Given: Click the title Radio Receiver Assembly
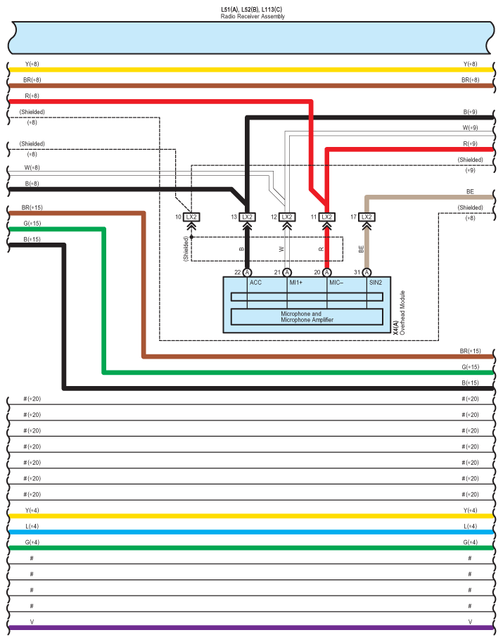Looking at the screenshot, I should [253, 16].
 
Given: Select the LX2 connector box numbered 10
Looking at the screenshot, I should [191, 217].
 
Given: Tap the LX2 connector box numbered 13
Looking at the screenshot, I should [247, 217].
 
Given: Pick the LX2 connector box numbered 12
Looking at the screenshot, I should [287, 217].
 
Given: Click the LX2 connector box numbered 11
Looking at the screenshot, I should [326, 217].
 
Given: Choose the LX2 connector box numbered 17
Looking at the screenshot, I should [366, 217].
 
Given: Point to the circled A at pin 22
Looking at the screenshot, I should [247, 272].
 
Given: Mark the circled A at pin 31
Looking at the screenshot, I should [366, 272].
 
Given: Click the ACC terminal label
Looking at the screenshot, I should [255, 283].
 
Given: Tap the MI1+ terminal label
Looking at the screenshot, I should [296, 283].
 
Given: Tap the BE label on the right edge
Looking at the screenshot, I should [470, 191].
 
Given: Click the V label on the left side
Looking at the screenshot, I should [32, 622].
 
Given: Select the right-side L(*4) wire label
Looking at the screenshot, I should [470, 526].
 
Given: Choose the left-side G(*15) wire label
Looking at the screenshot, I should [32, 224].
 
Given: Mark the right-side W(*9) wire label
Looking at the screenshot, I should [470, 128].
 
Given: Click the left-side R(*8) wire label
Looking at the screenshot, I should [32, 96].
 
